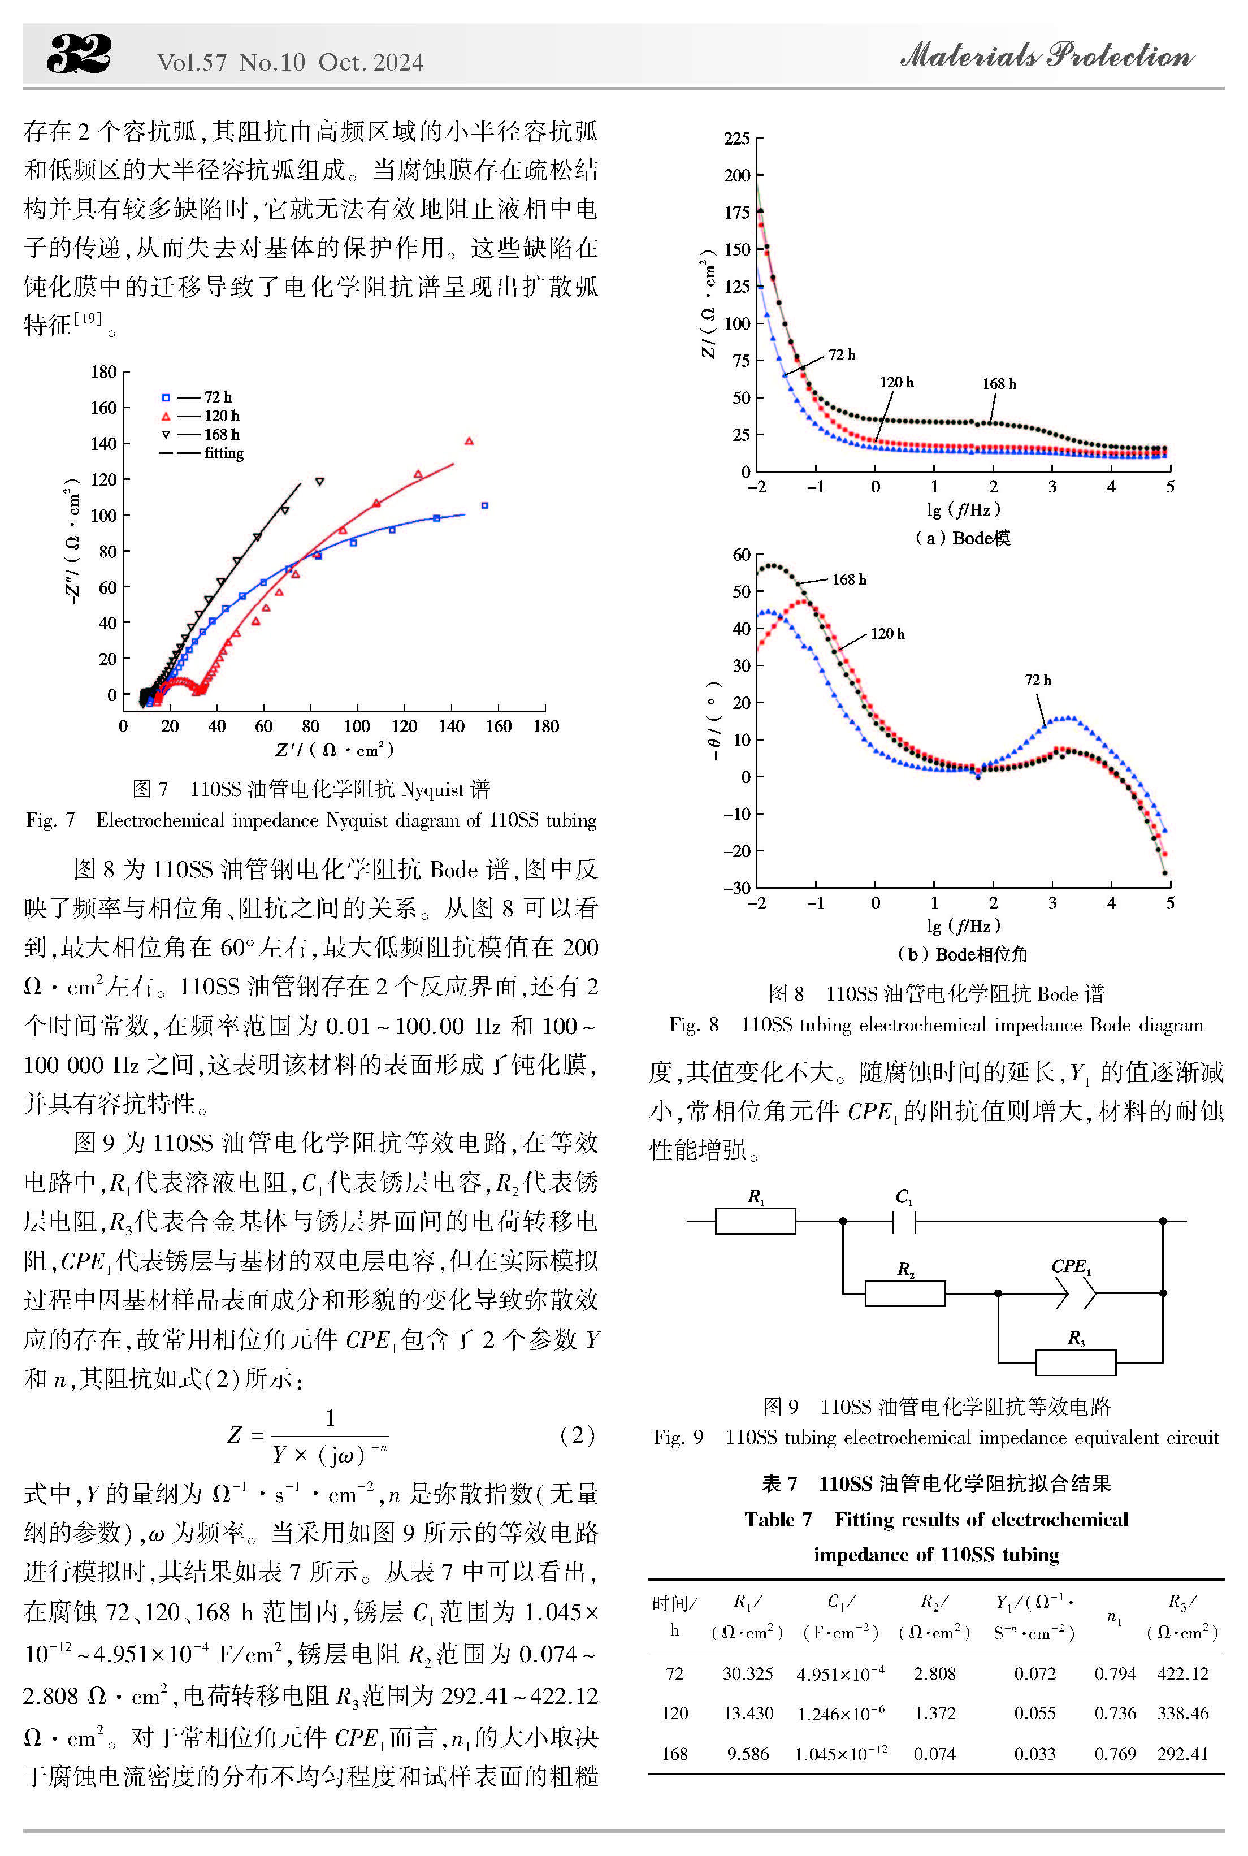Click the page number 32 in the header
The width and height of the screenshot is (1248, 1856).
pos(79,54)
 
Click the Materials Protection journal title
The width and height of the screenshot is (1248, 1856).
pos(1047,55)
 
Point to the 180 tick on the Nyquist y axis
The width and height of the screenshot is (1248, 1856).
pos(103,371)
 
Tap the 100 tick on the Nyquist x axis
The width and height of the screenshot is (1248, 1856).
pos(357,726)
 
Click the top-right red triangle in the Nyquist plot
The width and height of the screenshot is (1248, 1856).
pos(469,441)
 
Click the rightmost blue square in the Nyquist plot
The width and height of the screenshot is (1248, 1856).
pos(485,505)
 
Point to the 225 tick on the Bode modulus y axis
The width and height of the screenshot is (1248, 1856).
pos(737,139)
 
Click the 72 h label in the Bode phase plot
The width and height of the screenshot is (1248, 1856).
pos(1038,680)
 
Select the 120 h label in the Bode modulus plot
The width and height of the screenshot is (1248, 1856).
pos(897,382)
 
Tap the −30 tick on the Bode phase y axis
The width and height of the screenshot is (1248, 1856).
pos(736,888)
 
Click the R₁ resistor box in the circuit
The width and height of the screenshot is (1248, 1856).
pos(755,1221)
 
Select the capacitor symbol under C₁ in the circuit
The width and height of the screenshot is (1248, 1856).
pos(904,1221)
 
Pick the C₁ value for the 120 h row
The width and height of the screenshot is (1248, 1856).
pos(840,1713)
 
